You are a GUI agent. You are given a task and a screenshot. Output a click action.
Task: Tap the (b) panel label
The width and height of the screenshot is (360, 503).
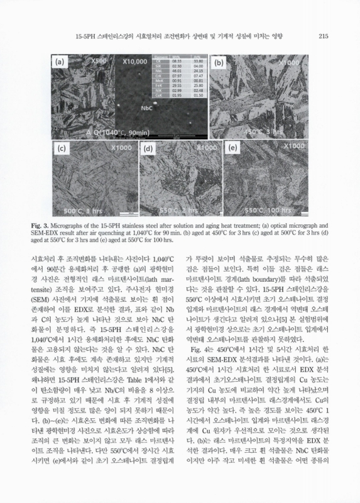click(x=219, y=63)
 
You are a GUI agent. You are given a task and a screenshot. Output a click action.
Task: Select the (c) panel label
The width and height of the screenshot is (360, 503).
click(x=62, y=149)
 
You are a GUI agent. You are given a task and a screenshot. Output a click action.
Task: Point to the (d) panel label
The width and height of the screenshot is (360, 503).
click(x=149, y=149)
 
